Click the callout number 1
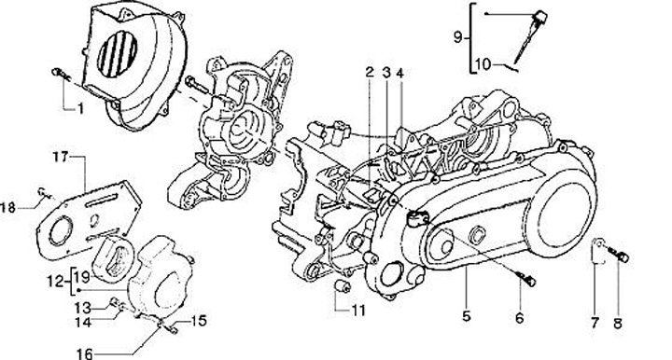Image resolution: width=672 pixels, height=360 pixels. (80, 109)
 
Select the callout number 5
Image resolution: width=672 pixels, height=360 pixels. (467, 316)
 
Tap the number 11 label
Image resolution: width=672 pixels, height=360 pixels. (359, 310)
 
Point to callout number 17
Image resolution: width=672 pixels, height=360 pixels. (61, 157)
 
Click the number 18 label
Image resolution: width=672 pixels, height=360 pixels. (7, 208)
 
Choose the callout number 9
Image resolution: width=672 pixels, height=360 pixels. (457, 37)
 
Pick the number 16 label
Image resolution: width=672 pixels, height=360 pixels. (84, 354)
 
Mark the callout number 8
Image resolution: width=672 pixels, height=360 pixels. (618, 324)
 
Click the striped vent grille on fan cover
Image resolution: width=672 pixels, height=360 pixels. (118, 55)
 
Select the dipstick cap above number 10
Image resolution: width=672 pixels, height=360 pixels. (539, 17)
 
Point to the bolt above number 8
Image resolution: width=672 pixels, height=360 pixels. (620, 256)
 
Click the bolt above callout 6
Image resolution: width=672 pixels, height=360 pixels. (526, 278)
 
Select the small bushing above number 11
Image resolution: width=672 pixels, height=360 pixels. (343, 286)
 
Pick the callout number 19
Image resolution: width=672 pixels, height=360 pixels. (83, 277)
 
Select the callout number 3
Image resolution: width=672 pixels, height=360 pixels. (386, 73)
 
